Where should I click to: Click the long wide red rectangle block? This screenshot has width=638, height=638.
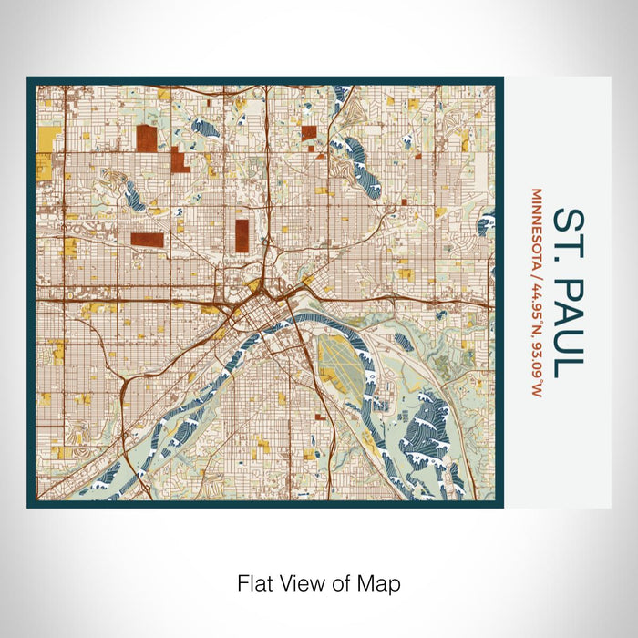pos(147,240)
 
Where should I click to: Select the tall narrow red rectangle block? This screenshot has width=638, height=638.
pos(242,234)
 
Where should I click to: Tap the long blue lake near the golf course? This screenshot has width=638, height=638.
pos(135,192)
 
